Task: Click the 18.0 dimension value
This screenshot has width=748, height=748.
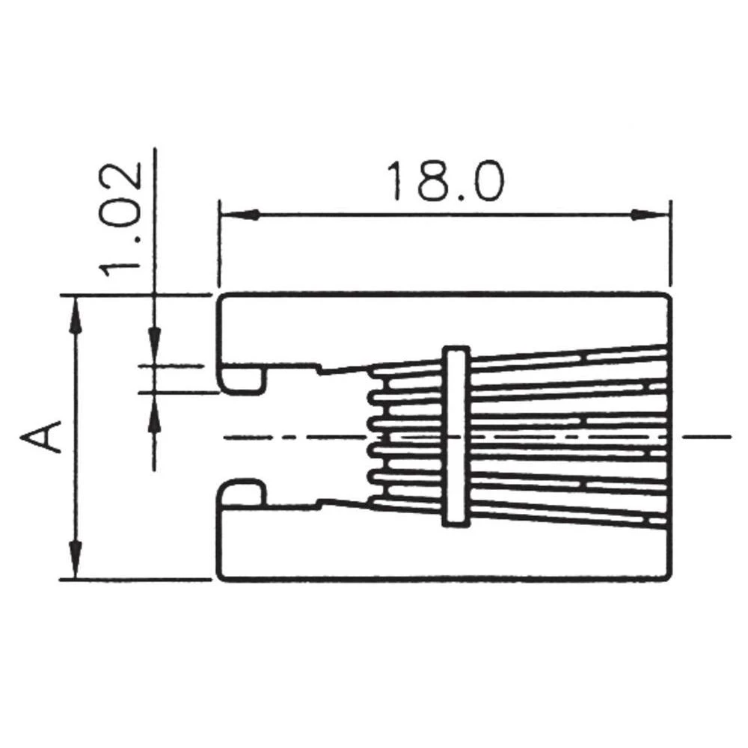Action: [444, 182]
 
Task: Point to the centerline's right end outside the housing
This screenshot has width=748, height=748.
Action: [718, 435]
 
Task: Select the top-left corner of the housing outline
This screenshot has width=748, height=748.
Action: [219, 296]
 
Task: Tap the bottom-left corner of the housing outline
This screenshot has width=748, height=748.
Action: [219, 577]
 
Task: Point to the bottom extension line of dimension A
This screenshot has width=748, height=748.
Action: [135, 579]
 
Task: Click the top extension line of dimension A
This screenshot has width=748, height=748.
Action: [135, 295]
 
